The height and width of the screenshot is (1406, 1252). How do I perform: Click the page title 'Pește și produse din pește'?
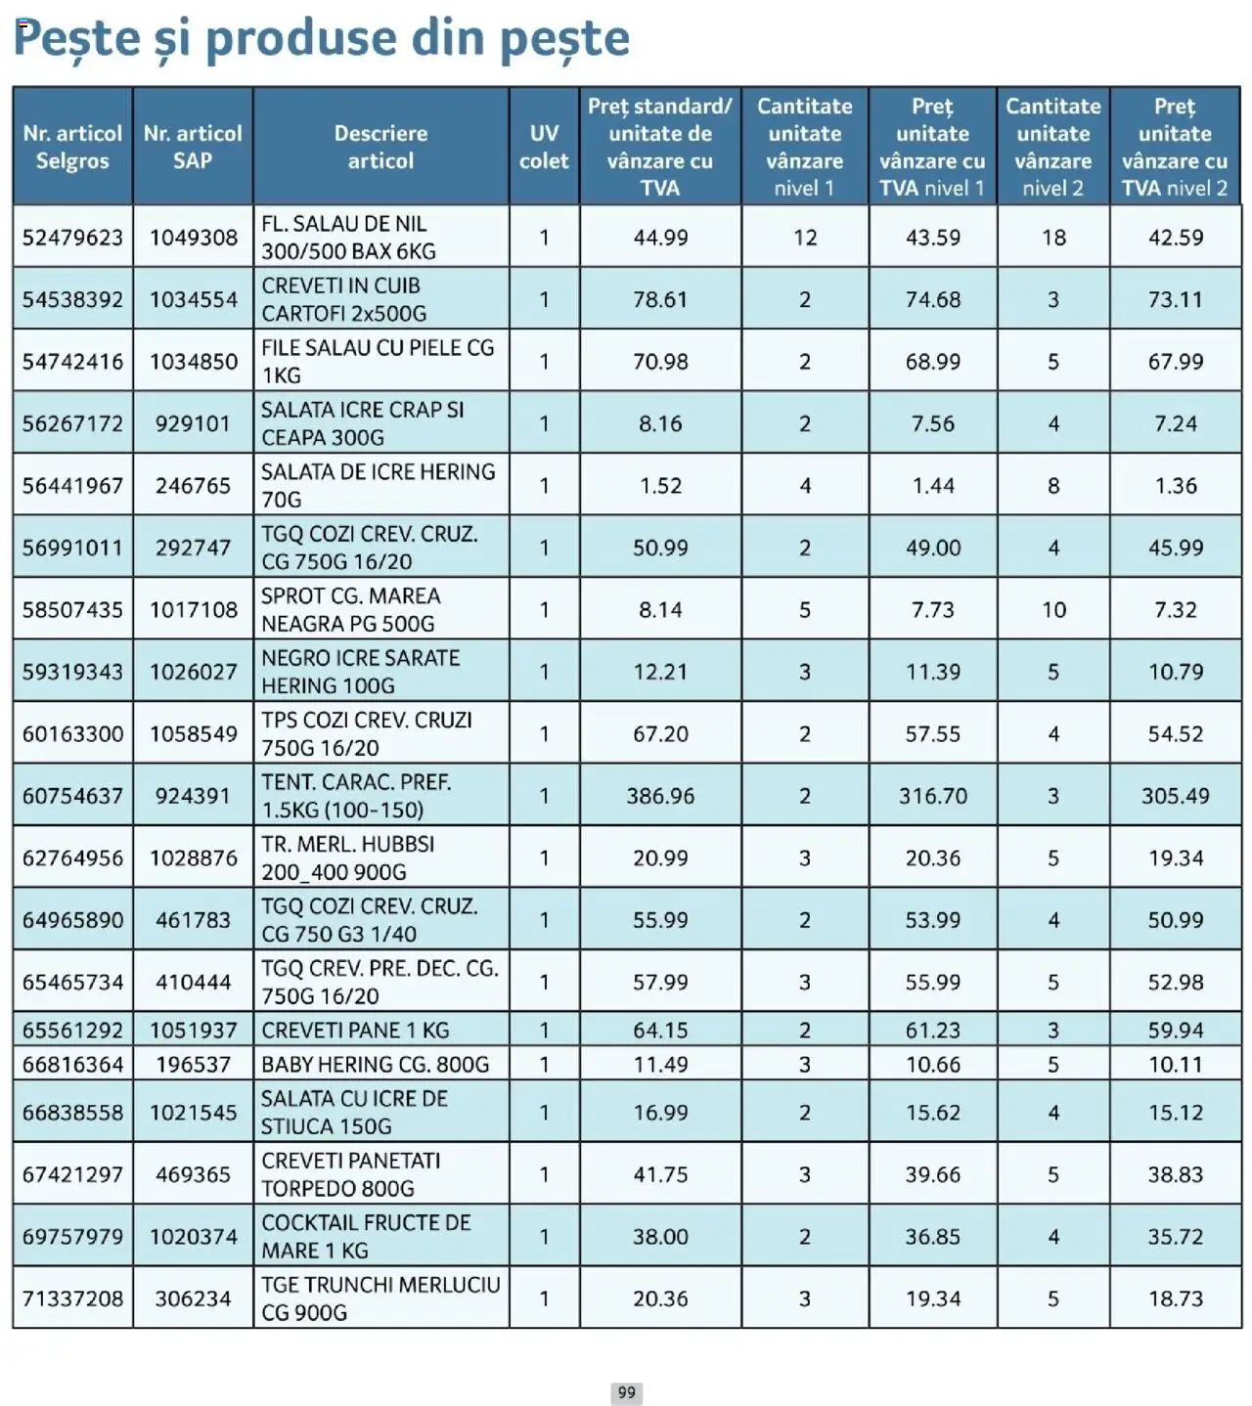pos(322,39)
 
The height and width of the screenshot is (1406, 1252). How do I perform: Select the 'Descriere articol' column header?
pos(380,147)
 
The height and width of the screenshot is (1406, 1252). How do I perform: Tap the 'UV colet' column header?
pos(544,147)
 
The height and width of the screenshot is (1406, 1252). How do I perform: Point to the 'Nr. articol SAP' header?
pos(193,147)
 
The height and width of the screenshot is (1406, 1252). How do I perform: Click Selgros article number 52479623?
pos(73,238)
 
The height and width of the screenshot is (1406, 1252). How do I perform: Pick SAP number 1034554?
pos(194,300)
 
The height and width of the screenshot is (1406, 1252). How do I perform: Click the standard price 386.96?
pos(660,796)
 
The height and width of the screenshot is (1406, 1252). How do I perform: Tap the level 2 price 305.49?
pos(1175,796)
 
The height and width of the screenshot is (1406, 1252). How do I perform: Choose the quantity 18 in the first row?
pos(1053,238)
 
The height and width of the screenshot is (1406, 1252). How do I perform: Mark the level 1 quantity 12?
pos(805,238)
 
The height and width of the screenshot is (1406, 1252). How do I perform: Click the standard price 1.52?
pos(660,486)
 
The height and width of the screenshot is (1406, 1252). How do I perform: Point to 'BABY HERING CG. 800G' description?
pos(375,1064)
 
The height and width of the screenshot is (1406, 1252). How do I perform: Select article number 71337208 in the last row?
pos(73,1298)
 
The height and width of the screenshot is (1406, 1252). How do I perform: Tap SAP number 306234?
pos(194,1298)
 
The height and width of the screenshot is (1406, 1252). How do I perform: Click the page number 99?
pos(626,1392)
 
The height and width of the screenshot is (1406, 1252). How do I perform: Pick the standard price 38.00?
pos(660,1237)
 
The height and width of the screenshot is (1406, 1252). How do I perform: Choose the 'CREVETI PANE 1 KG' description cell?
pos(355,1031)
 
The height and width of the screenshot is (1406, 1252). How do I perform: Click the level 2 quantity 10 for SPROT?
pos(1053,610)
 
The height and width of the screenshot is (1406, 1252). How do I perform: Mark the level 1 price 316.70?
pos(932,796)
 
